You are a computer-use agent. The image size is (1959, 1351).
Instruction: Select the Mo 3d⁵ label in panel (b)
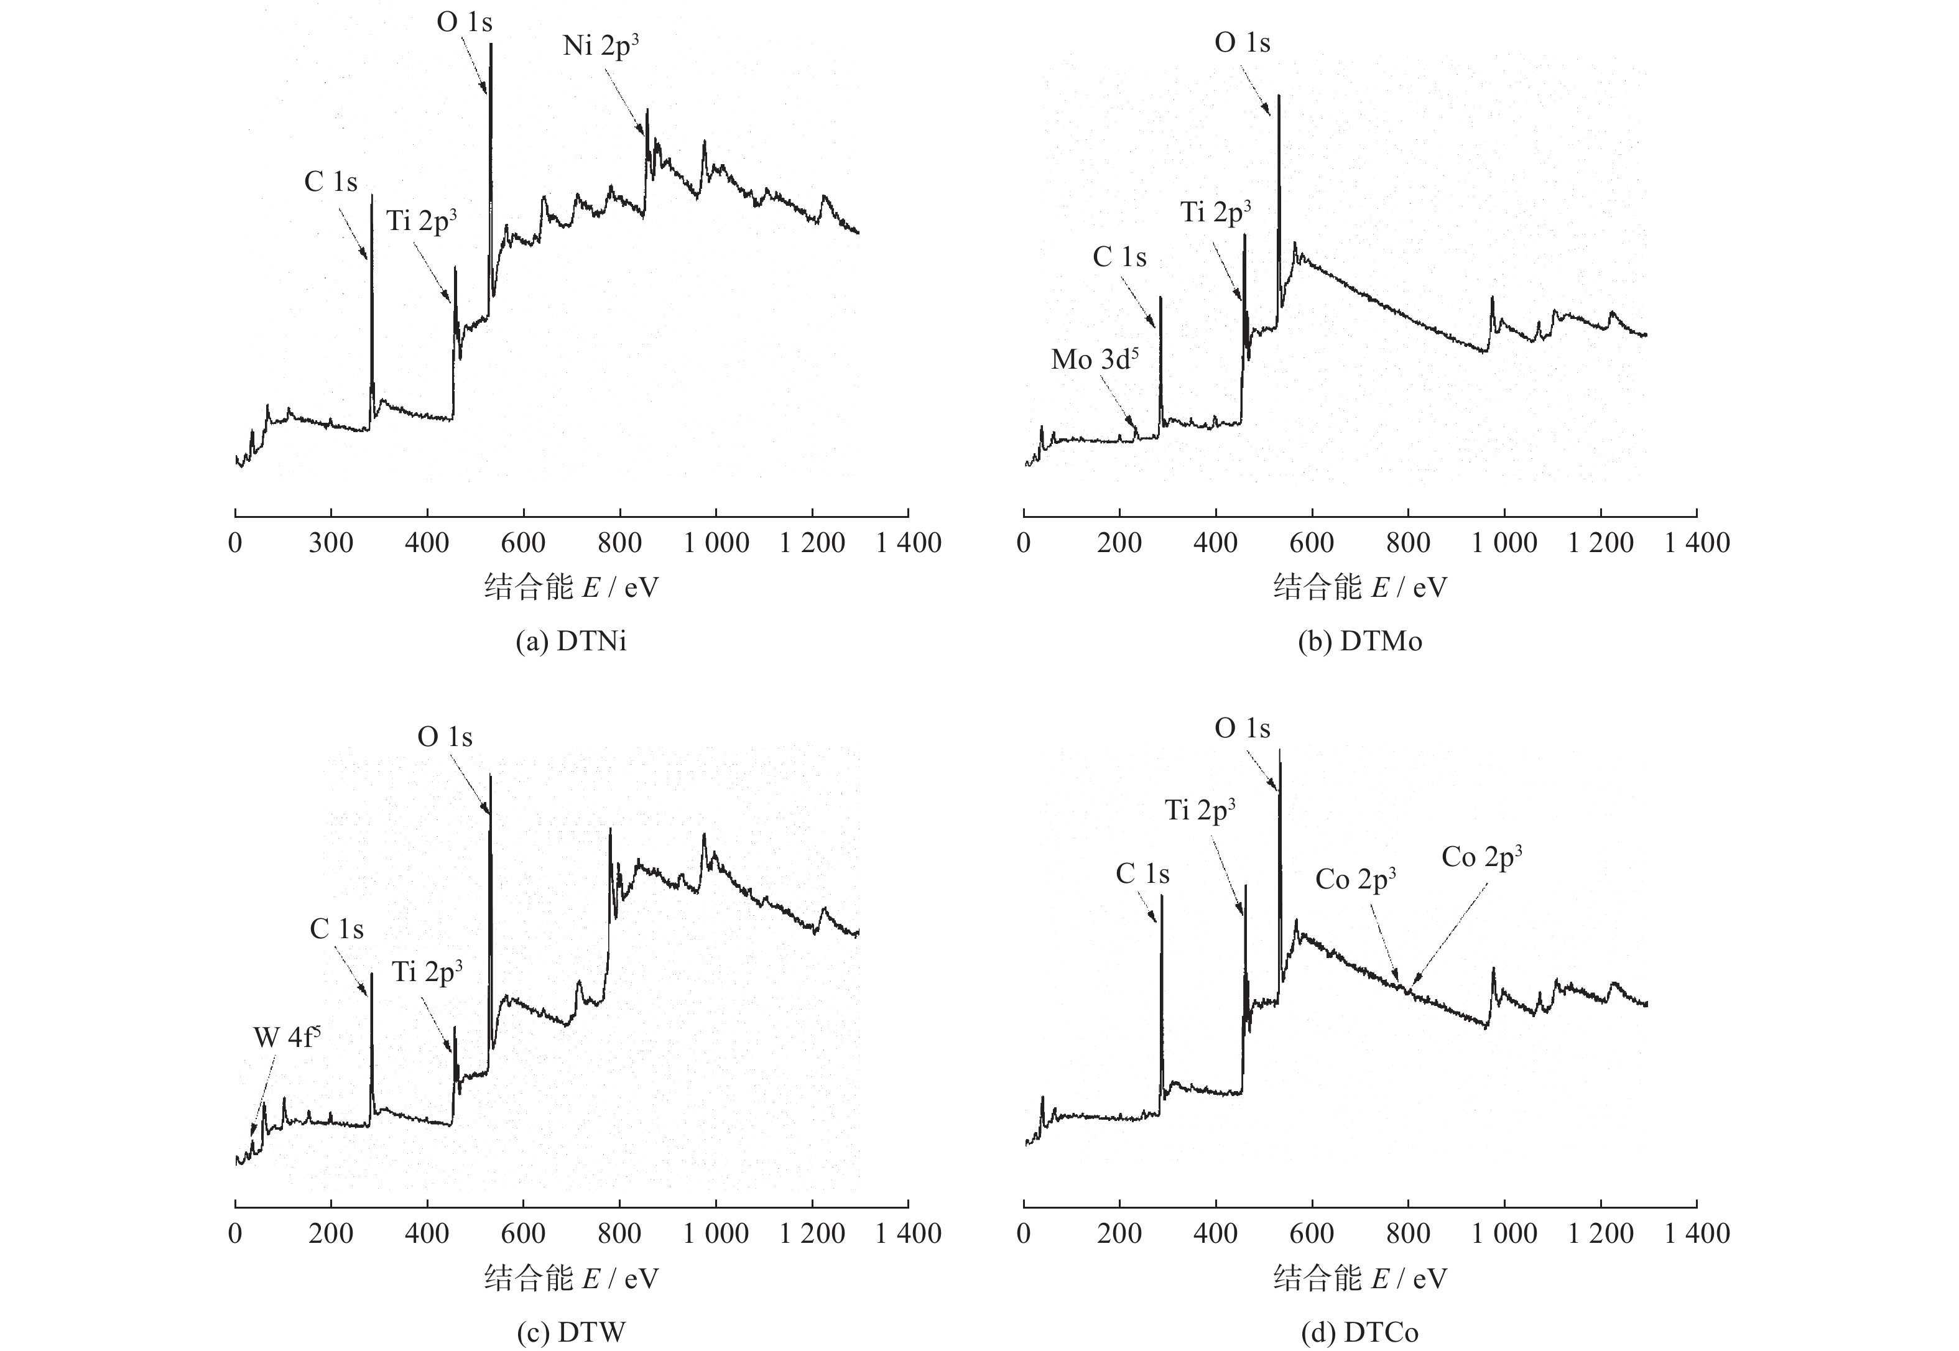[1095, 360]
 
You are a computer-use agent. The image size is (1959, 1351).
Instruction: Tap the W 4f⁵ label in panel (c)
[287, 1038]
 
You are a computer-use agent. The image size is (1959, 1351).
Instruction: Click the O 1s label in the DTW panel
[445, 737]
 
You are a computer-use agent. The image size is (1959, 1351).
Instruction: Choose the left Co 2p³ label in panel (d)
[1355, 880]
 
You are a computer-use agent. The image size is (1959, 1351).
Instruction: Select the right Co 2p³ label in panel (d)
[1481, 857]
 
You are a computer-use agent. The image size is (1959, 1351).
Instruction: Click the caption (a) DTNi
[572, 642]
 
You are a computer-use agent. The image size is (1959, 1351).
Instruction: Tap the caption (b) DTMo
[1359, 642]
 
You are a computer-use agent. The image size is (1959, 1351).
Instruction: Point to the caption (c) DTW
[572, 1332]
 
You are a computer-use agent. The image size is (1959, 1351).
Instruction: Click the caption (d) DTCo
[1359, 1332]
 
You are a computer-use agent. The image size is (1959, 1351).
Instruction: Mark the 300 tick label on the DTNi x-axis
[330, 543]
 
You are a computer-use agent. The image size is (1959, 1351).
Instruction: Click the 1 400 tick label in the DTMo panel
[1697, 543]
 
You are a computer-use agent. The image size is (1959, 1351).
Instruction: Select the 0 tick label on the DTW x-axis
[235, 1233]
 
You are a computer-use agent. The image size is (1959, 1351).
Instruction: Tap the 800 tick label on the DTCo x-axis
[1408, 1233]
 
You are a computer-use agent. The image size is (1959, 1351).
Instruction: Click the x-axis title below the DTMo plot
[1359, 588]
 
